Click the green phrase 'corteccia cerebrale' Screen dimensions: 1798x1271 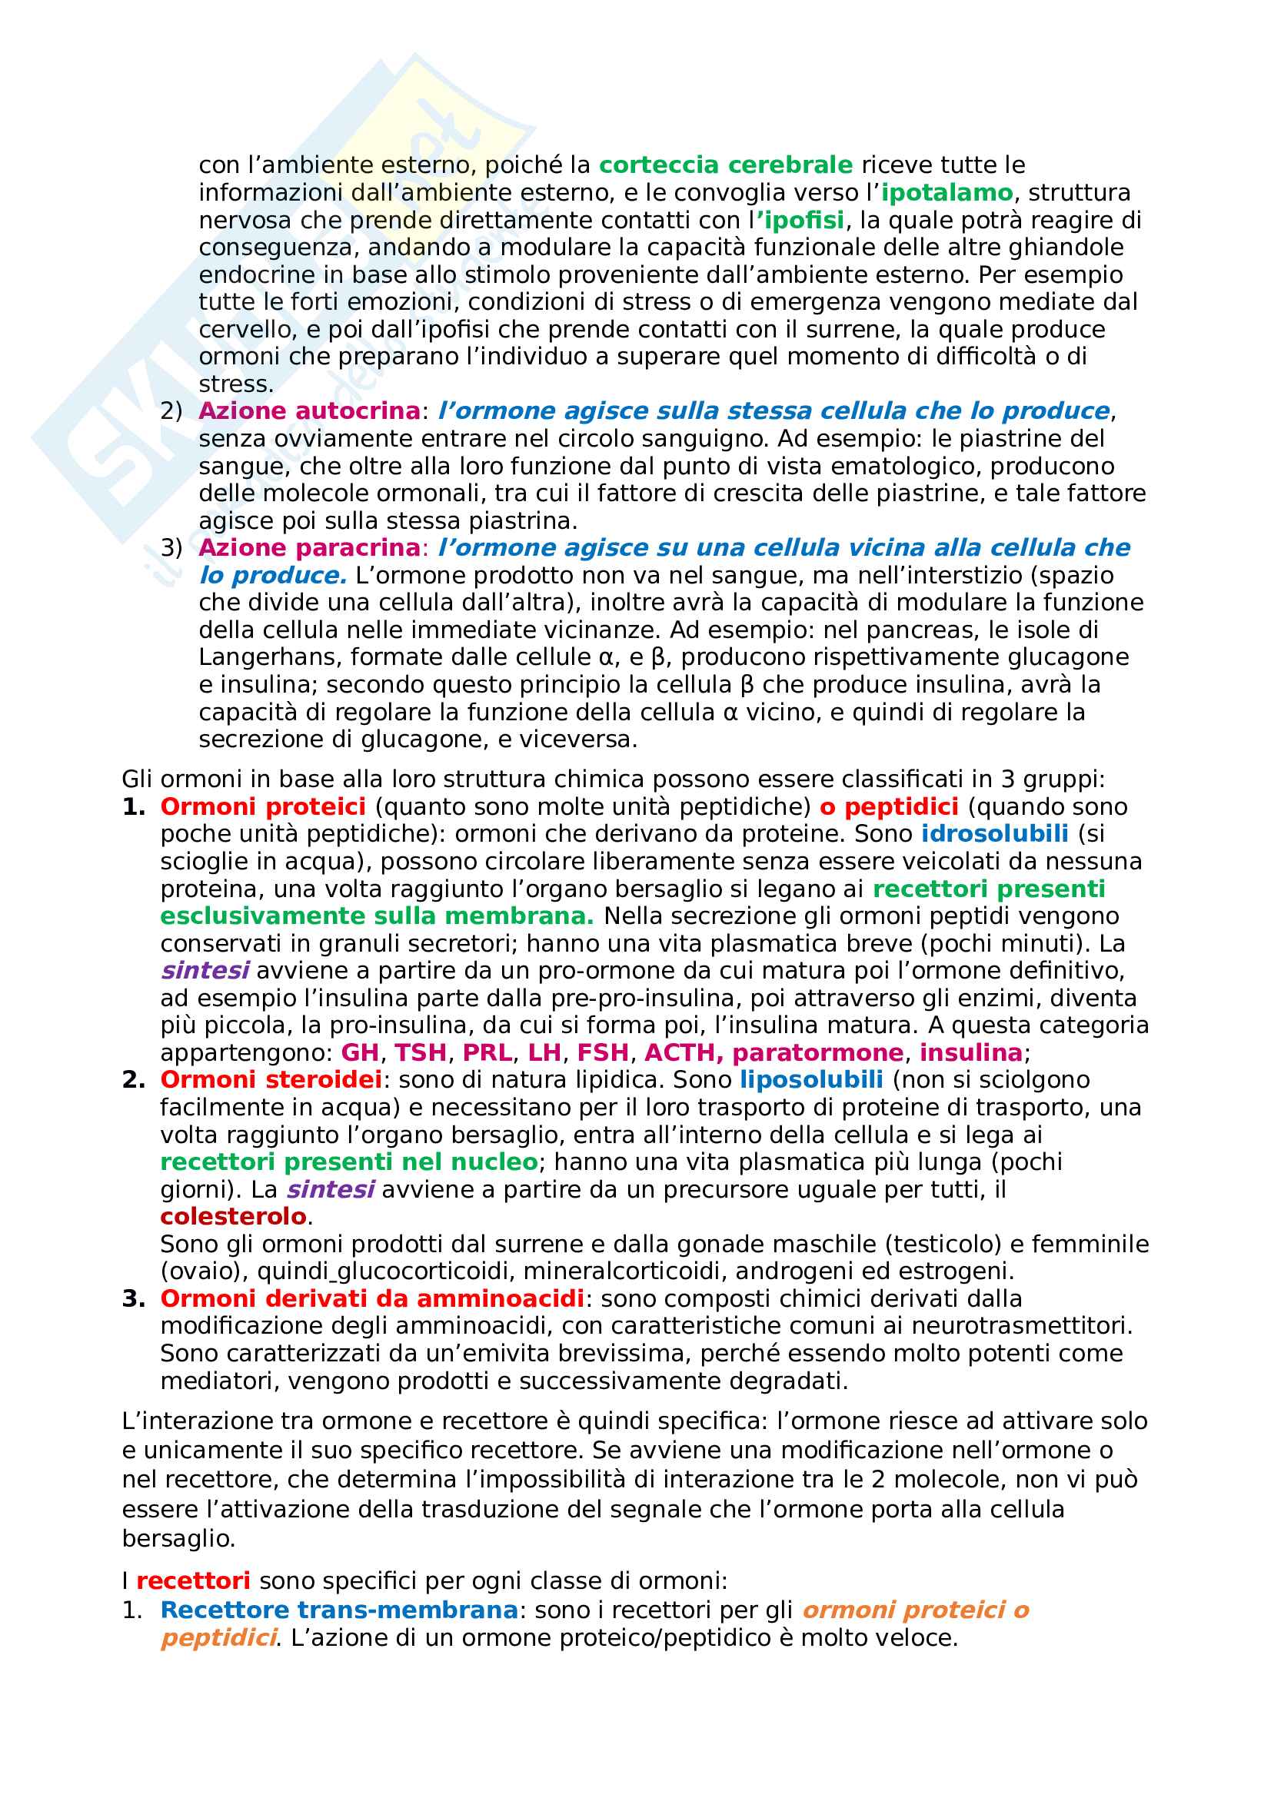tap(725, 165)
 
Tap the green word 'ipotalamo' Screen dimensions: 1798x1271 tap(947, 193)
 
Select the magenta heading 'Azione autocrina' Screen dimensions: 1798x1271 tap(309, 411)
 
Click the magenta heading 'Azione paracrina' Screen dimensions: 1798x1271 tap(309, 548)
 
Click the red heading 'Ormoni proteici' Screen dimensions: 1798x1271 tap(263, 806)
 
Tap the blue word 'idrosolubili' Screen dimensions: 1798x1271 tap(994, 833)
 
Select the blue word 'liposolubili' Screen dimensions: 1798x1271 tap(811, 1080)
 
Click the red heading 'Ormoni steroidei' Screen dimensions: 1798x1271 tap(271, 1080)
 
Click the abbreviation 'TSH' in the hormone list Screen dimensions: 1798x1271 tap(421, 1052)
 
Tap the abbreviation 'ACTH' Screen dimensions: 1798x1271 tap(680, 1052)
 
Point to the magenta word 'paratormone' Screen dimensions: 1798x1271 tap(817, 1052)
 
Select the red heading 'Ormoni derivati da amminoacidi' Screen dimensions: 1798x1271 tap(372, 1298)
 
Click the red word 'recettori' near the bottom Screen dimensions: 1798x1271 tap(194, 1581)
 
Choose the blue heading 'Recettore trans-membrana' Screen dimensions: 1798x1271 tap(339, 1610)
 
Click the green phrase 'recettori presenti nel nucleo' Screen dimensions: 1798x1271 tap(348, 1162)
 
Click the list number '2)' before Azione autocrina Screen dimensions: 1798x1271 tap(171, 411)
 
